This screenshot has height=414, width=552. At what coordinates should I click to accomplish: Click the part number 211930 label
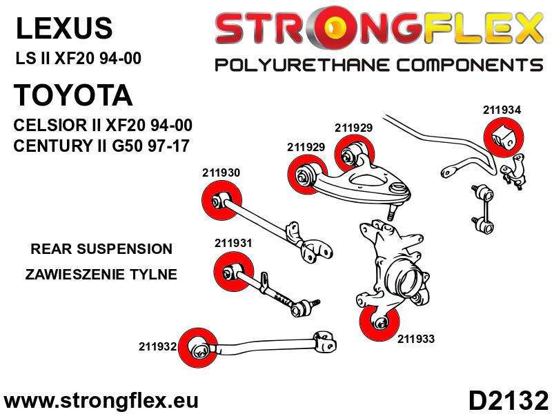click(x=221, y=172)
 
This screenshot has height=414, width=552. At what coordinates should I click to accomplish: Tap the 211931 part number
click(x=233, y=243)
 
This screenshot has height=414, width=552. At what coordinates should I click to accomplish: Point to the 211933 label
click(x=416, y=339)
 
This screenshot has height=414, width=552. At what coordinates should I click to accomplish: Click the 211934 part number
click(x=502, y=110)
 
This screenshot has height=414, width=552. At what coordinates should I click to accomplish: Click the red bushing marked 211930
click(x=219, y=200)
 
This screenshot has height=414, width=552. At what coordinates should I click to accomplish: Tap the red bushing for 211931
click(x=233, y=272)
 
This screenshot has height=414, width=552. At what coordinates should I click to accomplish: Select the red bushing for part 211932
click(x=197, y=347)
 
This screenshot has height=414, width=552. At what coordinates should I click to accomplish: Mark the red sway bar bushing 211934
click(x=504, y=137)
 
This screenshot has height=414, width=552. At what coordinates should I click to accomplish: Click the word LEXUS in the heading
click(x=63, y=28)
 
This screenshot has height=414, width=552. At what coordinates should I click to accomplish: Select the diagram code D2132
click(x=509, y=400)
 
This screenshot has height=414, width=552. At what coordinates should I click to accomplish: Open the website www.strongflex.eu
click(x=101, y=400)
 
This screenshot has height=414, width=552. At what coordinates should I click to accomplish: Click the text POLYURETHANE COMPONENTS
click(x=378, y=65)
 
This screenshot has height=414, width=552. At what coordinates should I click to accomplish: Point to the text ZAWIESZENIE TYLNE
click(x=101, y=275)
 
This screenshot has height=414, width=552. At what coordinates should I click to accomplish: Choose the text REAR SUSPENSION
click(x=101, y=249)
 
